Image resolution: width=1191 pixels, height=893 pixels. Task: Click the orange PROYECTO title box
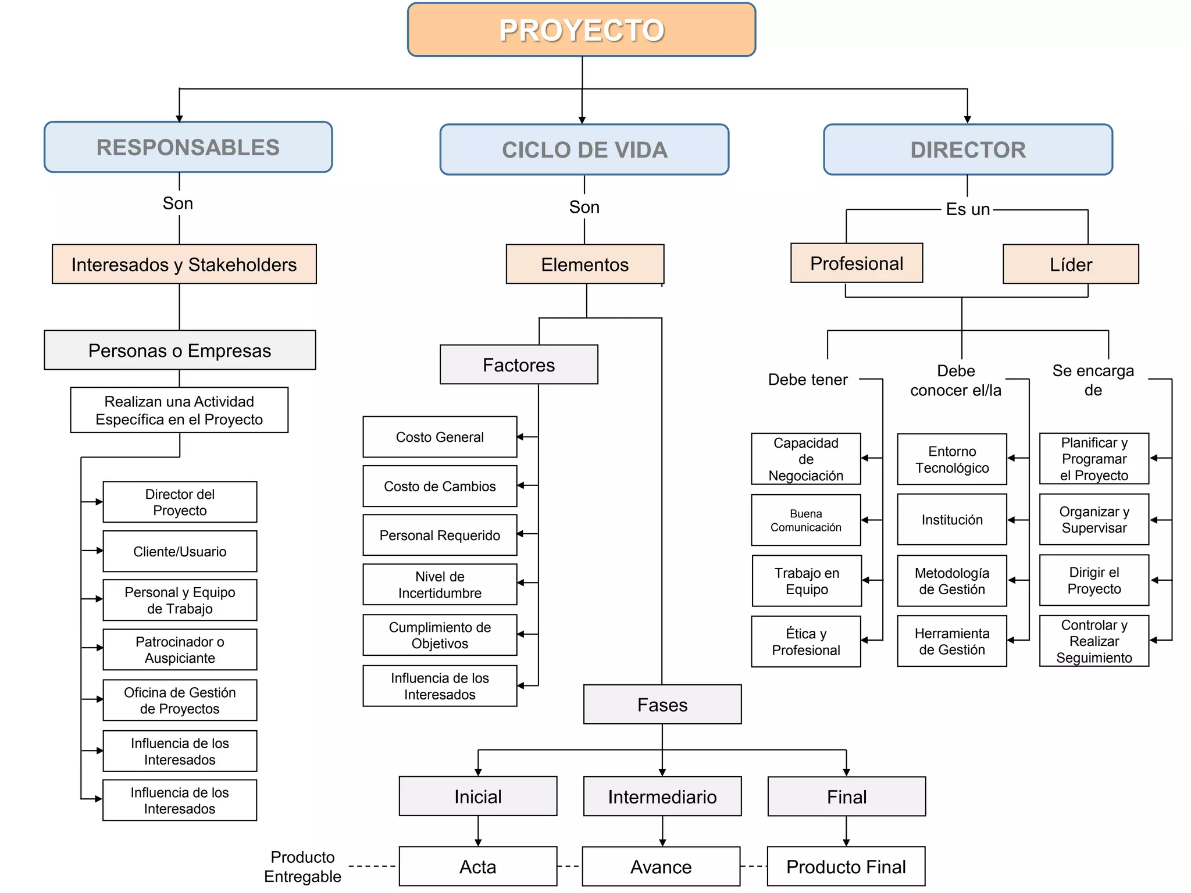[582, 30]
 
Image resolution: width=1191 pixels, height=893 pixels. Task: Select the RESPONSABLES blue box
[188, 147]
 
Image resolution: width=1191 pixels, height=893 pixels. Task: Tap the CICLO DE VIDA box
[584, 149]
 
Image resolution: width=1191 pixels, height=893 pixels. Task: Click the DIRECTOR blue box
[968, 149]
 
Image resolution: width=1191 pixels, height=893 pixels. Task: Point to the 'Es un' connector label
[968, 209]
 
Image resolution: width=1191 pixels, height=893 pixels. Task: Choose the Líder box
[1071, 265]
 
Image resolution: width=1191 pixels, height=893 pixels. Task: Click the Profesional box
[857, 263]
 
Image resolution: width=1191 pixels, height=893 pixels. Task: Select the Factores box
[519, 365]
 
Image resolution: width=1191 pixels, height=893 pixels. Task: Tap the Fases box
[662, 705]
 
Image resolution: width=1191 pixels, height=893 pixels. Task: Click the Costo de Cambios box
[440, 486]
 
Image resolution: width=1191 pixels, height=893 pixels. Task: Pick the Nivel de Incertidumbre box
[440, 585]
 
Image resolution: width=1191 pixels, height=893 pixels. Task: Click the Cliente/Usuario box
[180, 551]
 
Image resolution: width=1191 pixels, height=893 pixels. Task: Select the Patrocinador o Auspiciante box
[180, 650]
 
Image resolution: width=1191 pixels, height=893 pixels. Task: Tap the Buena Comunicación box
[806, 520]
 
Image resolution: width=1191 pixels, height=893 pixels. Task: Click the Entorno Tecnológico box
[952, 459]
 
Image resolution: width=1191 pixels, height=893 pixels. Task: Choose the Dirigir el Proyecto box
[1094, 580]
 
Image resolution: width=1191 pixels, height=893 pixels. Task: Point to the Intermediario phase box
[662, 796]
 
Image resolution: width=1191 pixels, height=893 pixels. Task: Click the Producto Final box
[846, 867]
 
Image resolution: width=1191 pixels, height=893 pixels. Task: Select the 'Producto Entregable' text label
[302, 866]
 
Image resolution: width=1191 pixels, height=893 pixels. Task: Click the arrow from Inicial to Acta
[478, 831]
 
